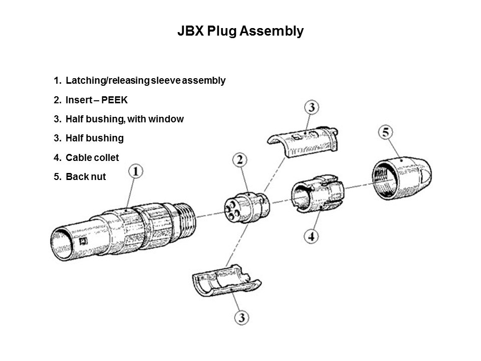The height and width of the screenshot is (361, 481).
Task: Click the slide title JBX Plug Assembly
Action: (241, 31)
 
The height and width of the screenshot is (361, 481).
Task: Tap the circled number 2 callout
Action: (241, 161)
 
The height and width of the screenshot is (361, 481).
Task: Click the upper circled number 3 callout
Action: (312, 108)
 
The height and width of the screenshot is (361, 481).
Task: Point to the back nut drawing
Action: (399, 181)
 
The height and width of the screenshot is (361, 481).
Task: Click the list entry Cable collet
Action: (92, 157)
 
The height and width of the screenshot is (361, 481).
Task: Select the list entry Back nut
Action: (86, 176)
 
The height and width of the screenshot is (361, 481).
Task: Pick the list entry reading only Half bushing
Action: (94, 138)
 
